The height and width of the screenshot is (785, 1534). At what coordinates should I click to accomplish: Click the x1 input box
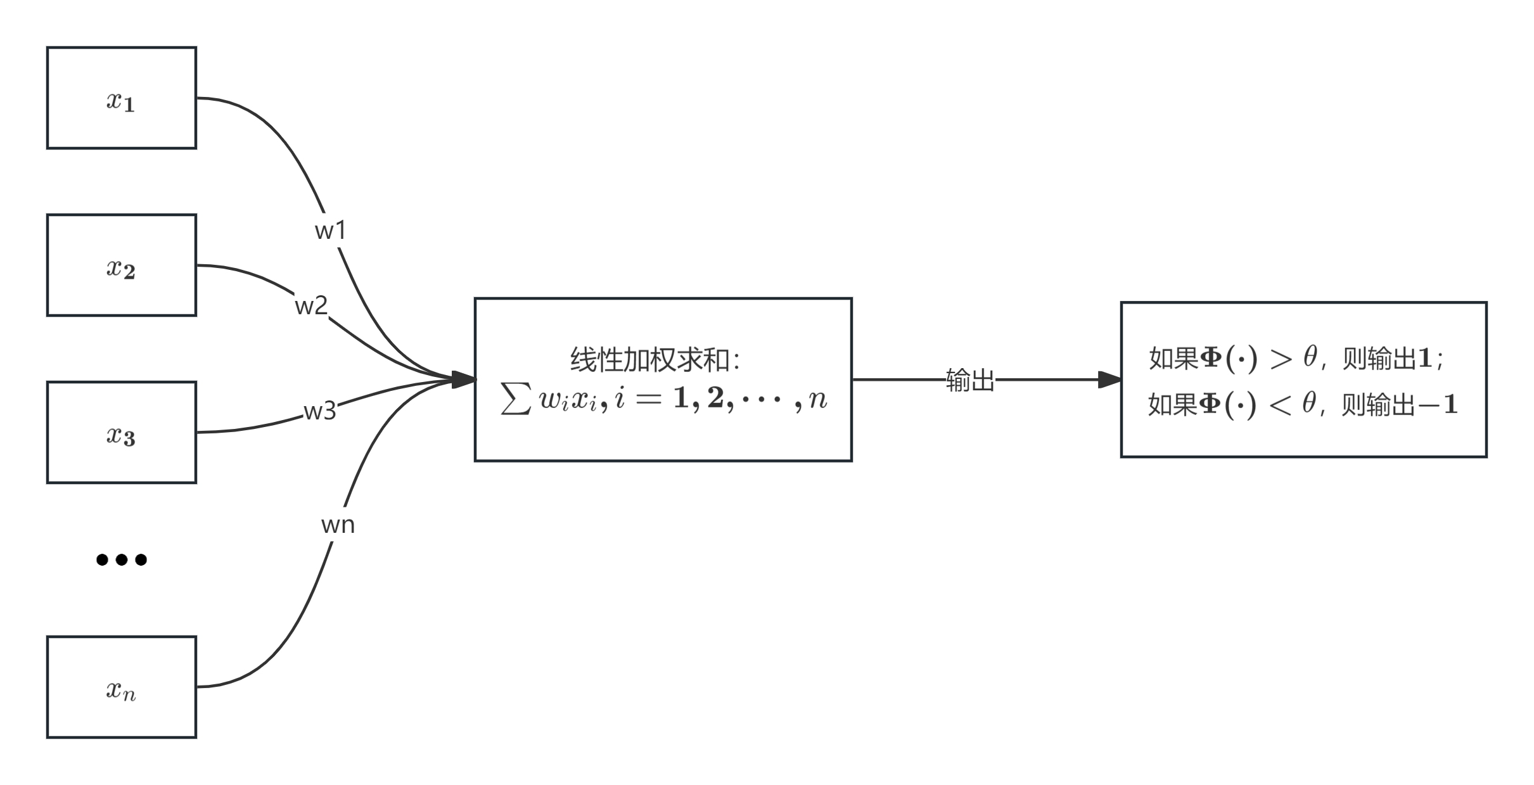click(121, 98)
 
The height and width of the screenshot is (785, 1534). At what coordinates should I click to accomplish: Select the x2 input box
click(121, 265)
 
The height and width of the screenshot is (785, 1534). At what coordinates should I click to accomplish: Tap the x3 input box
click(121, 433)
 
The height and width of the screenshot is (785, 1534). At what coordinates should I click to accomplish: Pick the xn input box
click(121, 687)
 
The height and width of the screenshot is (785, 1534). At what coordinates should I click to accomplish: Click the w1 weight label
click(330, 231)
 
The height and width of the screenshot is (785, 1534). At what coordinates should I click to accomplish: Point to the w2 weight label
click(311, 306)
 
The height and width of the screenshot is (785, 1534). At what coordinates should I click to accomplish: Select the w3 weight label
click(320, 411)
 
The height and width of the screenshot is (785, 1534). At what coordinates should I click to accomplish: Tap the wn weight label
click(338, 525)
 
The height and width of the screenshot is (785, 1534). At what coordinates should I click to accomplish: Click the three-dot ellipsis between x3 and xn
click(121, 559)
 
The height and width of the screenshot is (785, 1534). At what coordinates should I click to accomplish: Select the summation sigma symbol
click(515, 399)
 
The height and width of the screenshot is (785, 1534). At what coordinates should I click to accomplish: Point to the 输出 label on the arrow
click(970, 380)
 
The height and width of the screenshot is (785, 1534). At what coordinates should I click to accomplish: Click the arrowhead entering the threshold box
click(1110, 380)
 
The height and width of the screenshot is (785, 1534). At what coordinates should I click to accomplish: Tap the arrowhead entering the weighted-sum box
click(464, 380)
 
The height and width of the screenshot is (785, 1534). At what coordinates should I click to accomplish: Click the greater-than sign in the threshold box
click(1281, 360)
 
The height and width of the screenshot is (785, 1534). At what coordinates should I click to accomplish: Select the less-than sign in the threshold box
click(1280, 405)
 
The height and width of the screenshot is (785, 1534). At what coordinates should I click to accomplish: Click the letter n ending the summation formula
click(818, 399)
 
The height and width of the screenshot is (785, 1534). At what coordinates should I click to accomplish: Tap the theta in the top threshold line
click(1310, 358)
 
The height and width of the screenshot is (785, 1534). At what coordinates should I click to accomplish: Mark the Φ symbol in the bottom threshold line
click(1210, 404)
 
